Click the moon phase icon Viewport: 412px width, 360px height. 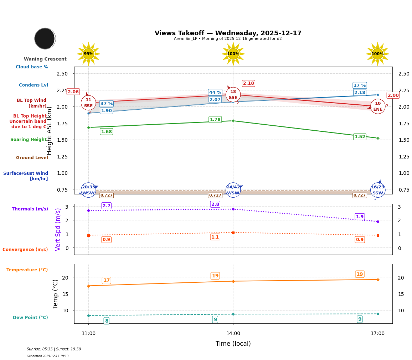(x=45, y=38)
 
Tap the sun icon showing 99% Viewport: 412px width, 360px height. (x=88, y=54)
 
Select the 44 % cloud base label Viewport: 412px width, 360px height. (x=215, y=93)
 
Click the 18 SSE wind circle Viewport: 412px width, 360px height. (x=233, y=95)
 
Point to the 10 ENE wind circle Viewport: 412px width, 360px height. (x=377, y=106)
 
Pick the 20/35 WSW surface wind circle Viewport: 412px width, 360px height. (x=88, y=190)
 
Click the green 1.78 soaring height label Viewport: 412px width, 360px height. (x=215, y=120)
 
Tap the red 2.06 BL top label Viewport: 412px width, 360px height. (x=73, y=92)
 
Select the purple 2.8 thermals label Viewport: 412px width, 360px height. (x=215, y=204)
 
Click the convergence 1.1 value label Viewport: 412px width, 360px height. (x=215, y=237)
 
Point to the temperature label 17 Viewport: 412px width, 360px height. (x=106, y=281)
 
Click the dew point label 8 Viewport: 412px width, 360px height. (x=106, y=321)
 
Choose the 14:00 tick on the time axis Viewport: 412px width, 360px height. (x=233, y=334)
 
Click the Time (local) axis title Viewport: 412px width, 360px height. (x=233, y=344)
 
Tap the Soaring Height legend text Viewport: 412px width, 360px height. (x=29, y=140)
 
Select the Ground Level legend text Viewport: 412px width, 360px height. (x=32, y=158)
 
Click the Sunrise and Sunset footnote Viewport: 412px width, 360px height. (x=54, y=349)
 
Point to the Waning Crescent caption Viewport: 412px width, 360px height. (x=45, y=59)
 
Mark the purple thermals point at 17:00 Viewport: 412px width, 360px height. (x=377, y=221)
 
